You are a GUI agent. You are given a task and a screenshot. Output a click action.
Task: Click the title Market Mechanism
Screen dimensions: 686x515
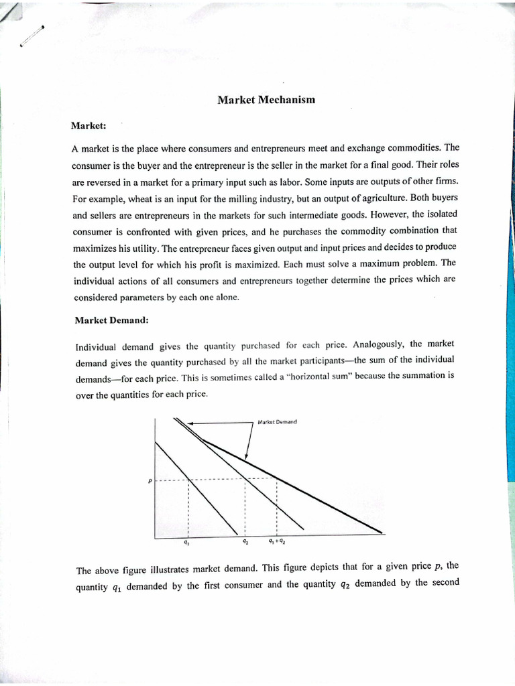pos(266,100)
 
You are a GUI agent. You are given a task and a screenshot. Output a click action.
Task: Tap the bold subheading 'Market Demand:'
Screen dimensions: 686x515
pos(111,320)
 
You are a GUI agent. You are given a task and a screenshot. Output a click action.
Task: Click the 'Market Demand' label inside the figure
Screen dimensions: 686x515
pos(277,422)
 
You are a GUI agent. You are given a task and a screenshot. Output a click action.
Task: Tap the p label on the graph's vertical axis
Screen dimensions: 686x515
pos(150,479)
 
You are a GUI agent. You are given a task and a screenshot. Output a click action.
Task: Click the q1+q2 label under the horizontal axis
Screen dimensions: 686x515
pos(276,541)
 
